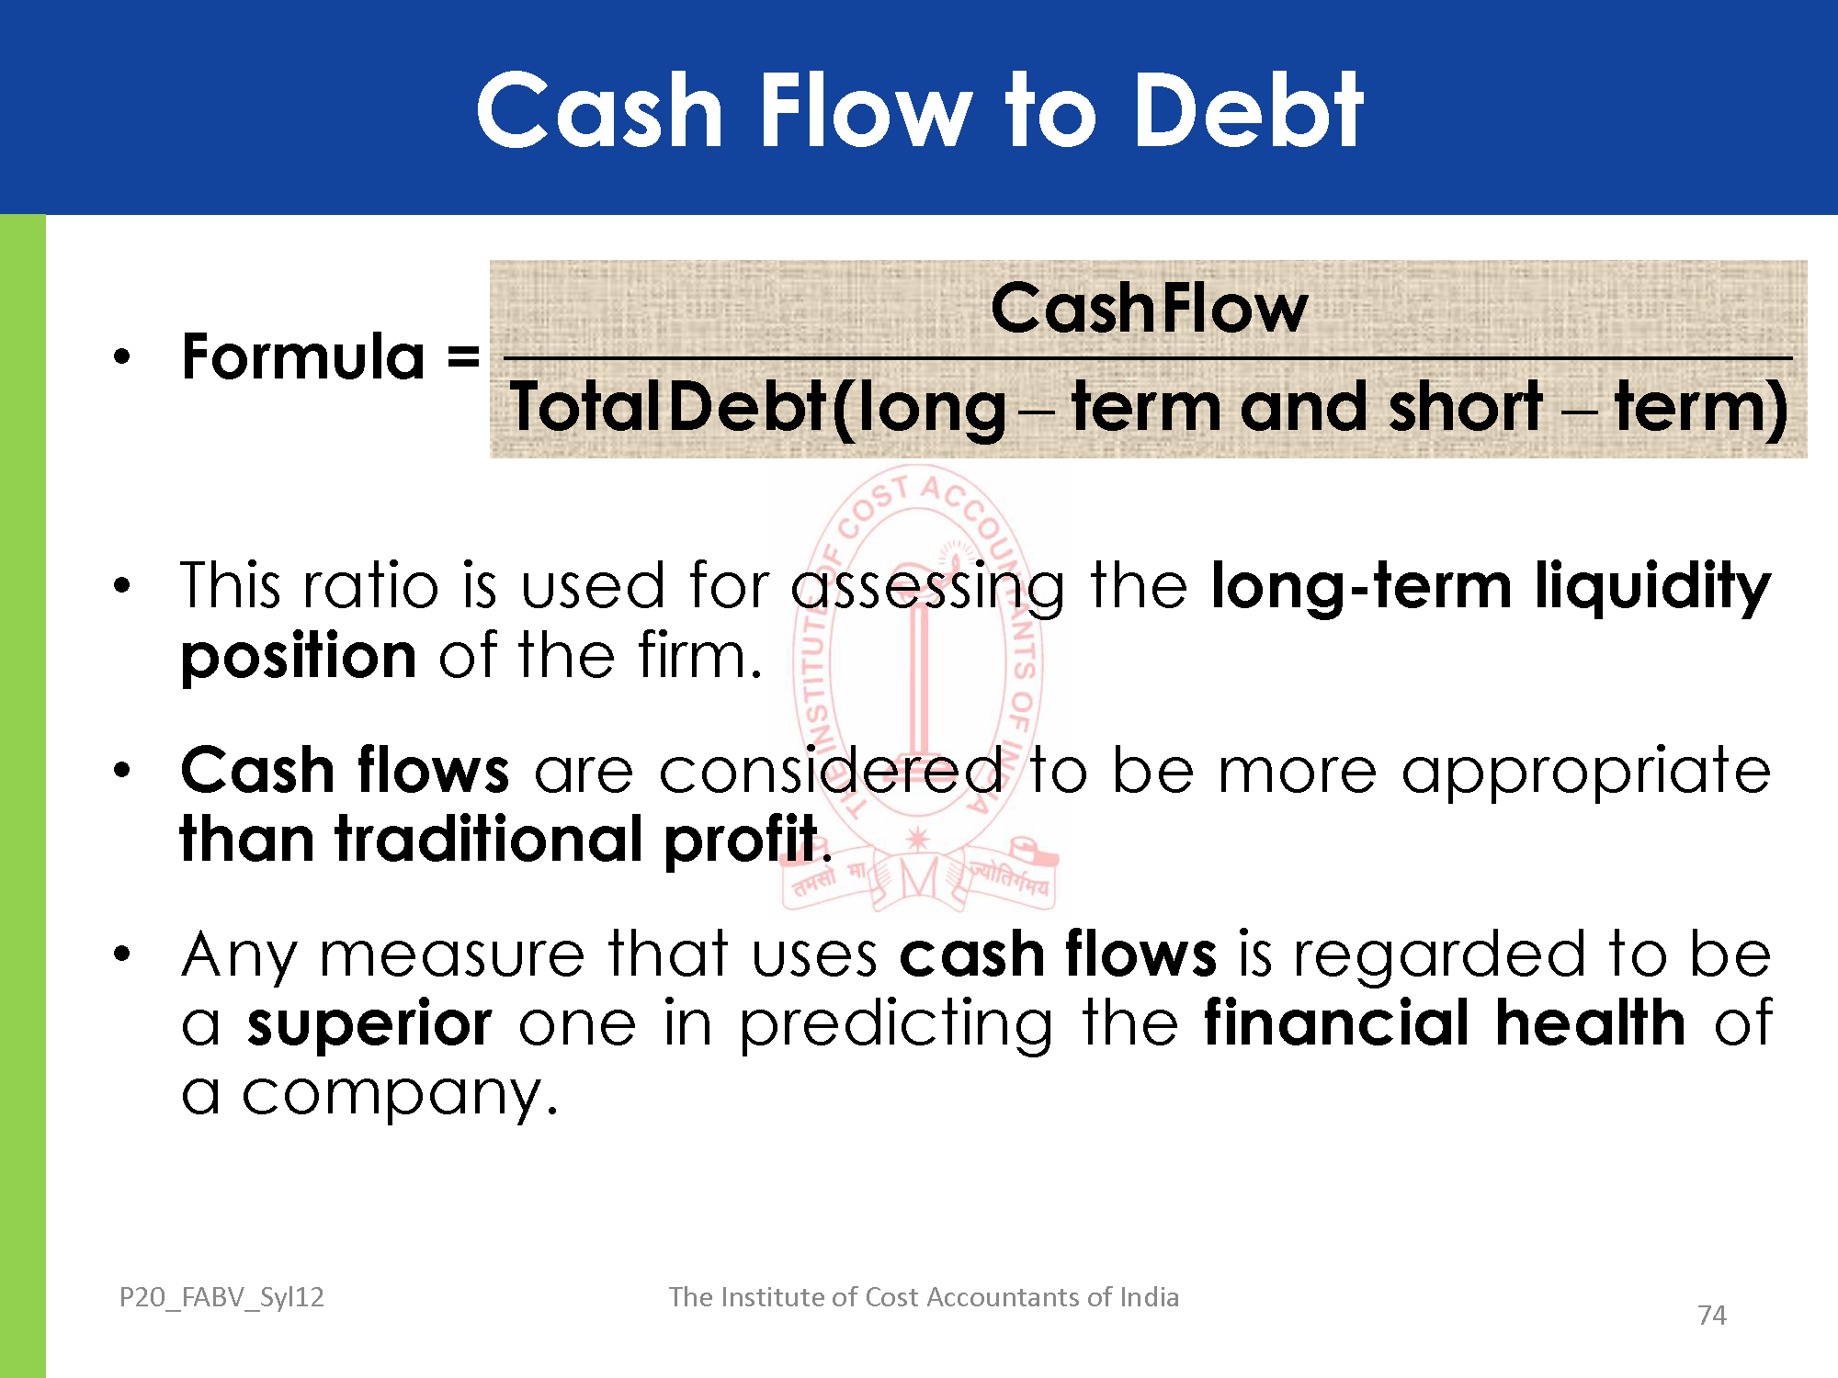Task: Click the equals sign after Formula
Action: (463, 356)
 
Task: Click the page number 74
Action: (1711, 1316)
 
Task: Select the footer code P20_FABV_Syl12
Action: (221, 1297)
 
